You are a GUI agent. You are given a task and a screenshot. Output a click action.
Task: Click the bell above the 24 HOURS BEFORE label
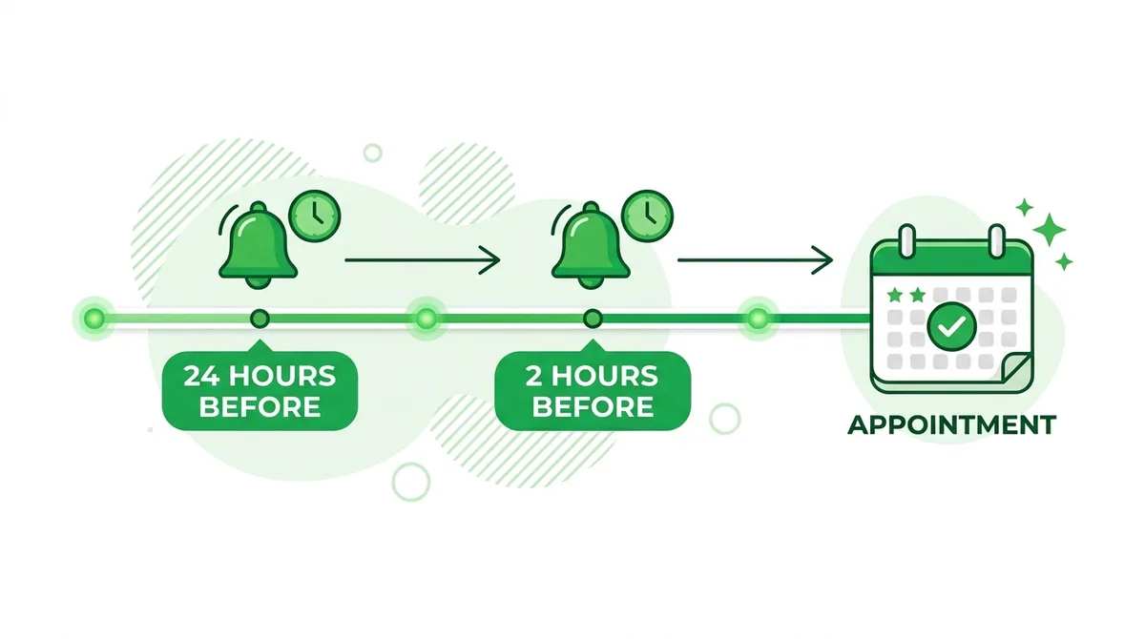pyautogui.click(x=259, y=245)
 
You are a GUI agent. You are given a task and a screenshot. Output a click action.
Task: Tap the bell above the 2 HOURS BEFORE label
pyautogui.click(x=591, y=245)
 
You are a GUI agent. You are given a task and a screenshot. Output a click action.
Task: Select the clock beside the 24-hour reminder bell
pyautogui.click(x=315, y=216)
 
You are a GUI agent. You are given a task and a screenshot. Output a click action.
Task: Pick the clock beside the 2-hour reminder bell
pyautogui.click(x=648, y=216)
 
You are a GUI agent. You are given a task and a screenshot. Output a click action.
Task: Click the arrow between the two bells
pyautogui.click(x=422, y=260)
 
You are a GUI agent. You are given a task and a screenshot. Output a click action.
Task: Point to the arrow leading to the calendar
pyautogui.click(x=755, y=260)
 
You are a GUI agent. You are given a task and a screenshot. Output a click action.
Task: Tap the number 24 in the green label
pyautogui.click(x=201, y=377)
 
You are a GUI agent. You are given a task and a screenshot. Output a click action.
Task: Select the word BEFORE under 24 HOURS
pyautogui.click(x=260, y=407)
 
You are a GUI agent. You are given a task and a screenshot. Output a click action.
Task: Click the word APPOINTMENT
pyautogui.click(x=952, y=425)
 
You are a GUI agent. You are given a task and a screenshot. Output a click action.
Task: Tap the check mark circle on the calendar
pyautogui.click(x=952, y=326)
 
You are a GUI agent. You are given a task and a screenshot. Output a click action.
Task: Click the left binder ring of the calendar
pyautogui.click(x=906, y=240)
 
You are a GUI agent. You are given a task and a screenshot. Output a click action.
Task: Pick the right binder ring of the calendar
pyautogui.click(x=997, y=240)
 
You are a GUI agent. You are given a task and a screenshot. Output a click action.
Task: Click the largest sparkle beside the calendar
pyautogui.click(x=1049, y=230)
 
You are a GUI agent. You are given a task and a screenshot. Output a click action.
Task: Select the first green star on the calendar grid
pyautogui.click(x=895, y=295)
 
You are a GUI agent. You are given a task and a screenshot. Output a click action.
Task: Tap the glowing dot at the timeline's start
pyautogui.click(x=94, y=319)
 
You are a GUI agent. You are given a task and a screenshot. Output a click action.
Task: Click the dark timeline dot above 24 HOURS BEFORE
pyautogui.click(x=260, y=319)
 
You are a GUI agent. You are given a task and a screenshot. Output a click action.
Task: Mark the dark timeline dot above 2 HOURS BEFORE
pyautogui.click(x=593, y=319)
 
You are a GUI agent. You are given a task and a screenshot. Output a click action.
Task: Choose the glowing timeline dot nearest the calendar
pyautogui.click(x=758, y=319)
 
